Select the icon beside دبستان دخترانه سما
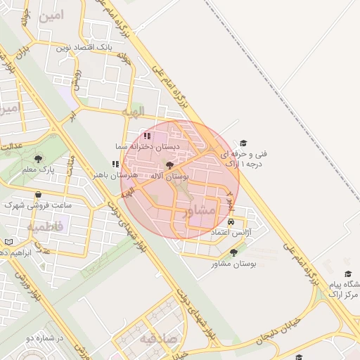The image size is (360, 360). click(147, 136)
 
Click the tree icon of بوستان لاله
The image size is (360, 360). click(169, 167)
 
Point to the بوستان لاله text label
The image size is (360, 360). click(171, 177)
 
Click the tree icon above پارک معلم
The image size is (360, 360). click(38, 159)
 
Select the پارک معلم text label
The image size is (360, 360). click(38, 169)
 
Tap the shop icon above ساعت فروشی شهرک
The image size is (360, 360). click(37, 195)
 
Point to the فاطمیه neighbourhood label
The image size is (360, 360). click(46, 227)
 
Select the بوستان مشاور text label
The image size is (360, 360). click(234, 264)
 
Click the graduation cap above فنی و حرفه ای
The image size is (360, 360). click(244, 143)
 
